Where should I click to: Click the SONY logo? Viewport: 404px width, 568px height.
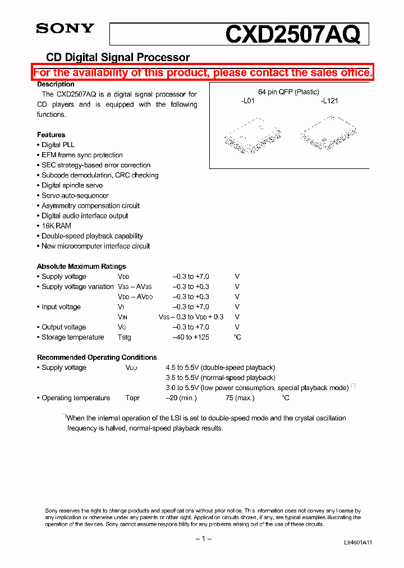click(x=65, y=29)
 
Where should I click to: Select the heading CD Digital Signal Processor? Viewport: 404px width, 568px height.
click(x=117, y=57)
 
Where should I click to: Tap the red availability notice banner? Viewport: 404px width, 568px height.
click(x=202, y=73)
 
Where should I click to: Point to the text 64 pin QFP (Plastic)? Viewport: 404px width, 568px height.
click(x=288, y=92)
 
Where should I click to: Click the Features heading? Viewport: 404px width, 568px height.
click(x=51, y=135)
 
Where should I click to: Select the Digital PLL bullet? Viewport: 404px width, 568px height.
click(x=58, y=145)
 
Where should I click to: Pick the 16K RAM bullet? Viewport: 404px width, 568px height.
click(x=56, y=226)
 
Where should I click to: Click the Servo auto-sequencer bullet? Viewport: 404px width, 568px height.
click(x=75, y=195)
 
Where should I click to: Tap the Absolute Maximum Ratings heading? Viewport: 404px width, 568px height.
click(x=81, y=267)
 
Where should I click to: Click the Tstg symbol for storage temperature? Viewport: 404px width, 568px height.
click(x=124, y=337)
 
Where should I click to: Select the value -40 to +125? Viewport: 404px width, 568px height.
click(x=191, y=337)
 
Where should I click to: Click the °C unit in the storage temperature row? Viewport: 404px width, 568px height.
click(x=237, y=337)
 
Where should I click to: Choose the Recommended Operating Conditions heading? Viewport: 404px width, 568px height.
click(x=97, y=358)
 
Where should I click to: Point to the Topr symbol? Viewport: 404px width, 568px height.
click(x=132, y=398)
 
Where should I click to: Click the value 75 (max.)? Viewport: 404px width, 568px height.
click(x=240, y=398)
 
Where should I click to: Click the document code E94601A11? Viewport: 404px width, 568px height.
click(x=358, y=543)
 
